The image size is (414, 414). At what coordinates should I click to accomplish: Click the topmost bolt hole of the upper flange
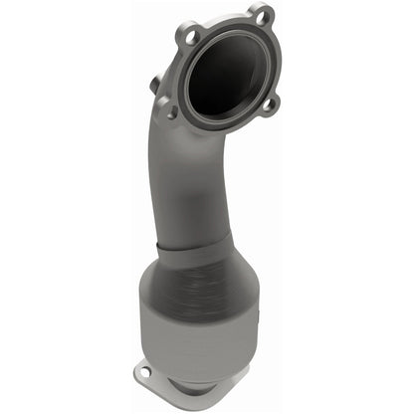point(262,15)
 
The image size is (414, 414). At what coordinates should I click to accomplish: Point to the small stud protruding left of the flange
point(155,85)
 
